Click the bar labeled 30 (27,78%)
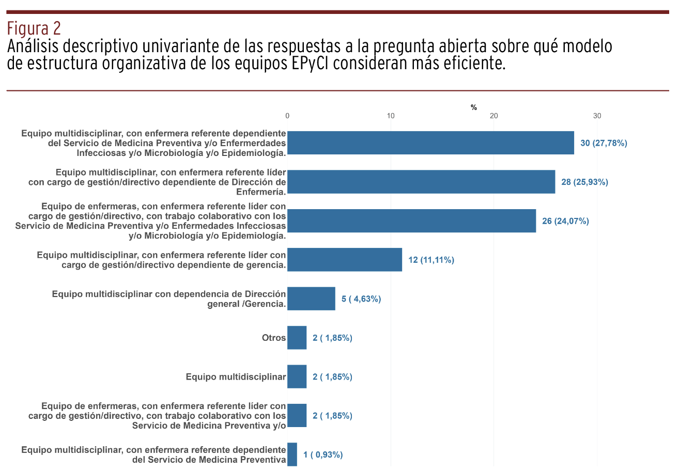pyautogui.click(x=430, y=143)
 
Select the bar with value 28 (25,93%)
pyautogui.click(x=421, y=182)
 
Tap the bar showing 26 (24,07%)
pyautogui.click(x=411, y=221)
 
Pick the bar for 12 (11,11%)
pyautogui.click(x=345, y=260)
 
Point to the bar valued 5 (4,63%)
pyautogui.click(x=311, y=298)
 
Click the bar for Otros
pyautogui.click(x=297, y=338)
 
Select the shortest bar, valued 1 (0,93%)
pyautogui.click(x=292, y=454)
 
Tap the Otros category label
pyautogui.click(x=274, y=338)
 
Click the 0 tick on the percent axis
pyautogui.click(x=287, y=116)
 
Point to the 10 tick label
pyautogui.click(x=391, y=116)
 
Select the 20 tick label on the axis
pyautogui.click(x=494, y=116)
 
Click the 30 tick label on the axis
pyautogui.click(x=597, y=116)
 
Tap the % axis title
pyautogui.click(x=474, y=107)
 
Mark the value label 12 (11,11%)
pyautogui.click(x=431, y=260)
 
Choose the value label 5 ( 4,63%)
pyautogui.click(x=361, y=298)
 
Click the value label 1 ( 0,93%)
pyautogui.click(x=323, y=454)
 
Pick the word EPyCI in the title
pyautogui.click(x=336, y=64)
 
